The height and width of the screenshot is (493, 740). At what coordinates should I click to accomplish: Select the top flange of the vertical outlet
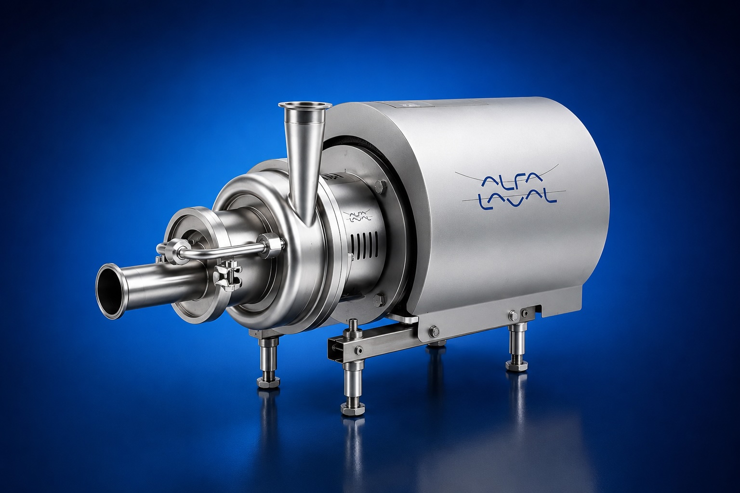[x=305, y=104]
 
